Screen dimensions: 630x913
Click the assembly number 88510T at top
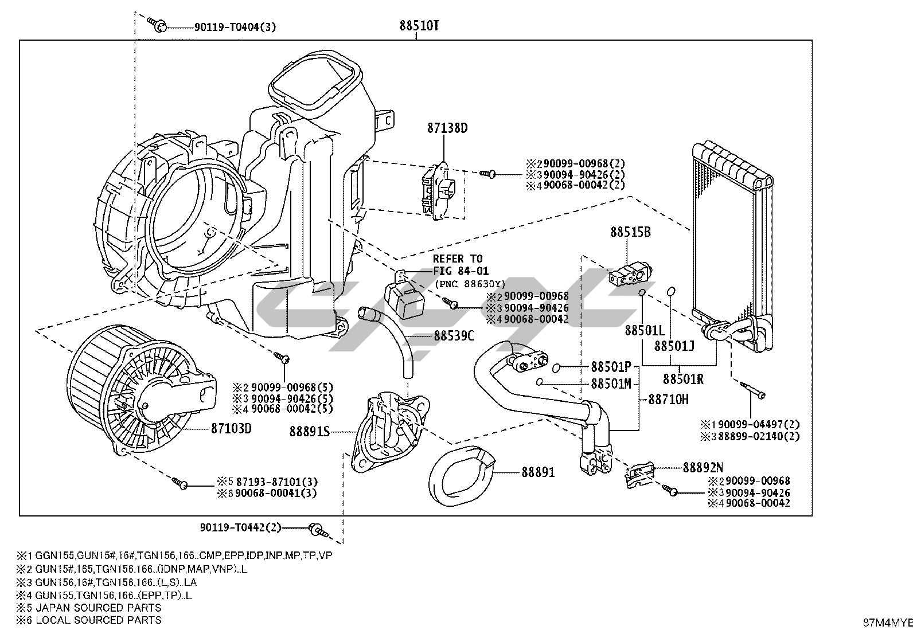pos(419,26)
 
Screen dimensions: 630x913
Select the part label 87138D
pos(447,128)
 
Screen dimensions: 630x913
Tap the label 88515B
pos(630,232)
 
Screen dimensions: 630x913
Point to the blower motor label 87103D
pos(231,428)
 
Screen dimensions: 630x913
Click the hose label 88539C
pos(454,336)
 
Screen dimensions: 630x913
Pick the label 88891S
pos(310,432)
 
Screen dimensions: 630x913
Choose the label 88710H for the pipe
pos(669,400)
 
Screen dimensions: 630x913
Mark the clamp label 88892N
pos(703,467)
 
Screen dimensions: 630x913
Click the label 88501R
pos(683,379)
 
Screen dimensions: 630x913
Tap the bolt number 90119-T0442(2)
pos(241,527)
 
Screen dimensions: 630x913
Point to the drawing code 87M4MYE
pos(888,623)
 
